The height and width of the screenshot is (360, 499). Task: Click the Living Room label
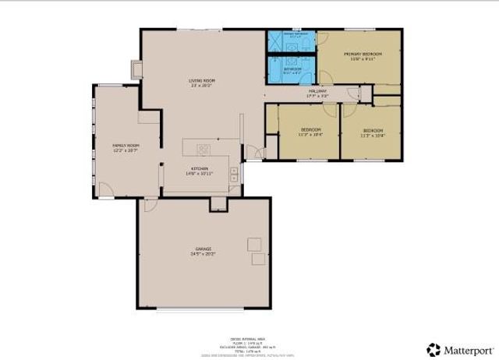coord(202,80)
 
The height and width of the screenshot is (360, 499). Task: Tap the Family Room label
coord(125,145)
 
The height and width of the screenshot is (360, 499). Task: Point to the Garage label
coord(203,249)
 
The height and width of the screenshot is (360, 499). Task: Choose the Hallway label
coord(317,92)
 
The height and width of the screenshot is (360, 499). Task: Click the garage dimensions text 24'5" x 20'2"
coord(203,254)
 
